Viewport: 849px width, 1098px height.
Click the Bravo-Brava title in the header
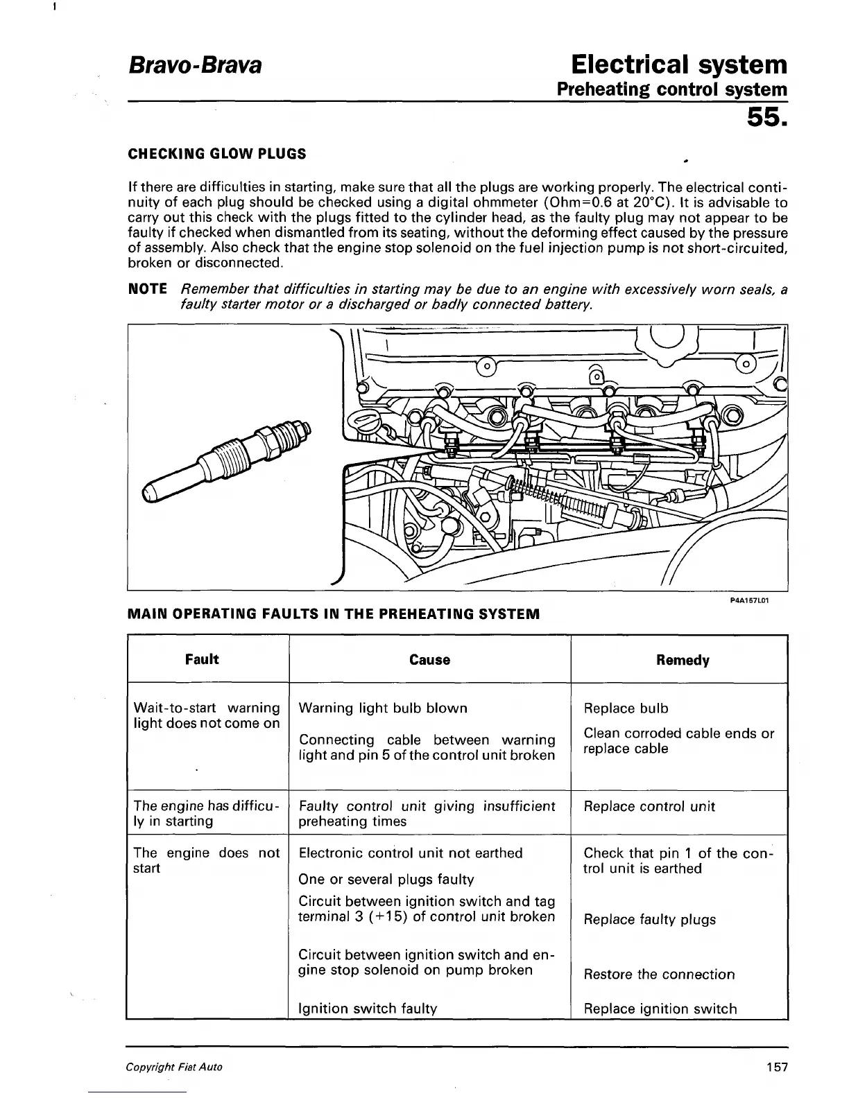click(195, 66)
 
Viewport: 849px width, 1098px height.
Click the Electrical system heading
click(679, 64)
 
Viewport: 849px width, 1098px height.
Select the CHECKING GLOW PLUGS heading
click(217, 154)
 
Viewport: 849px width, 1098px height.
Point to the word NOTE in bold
click(148, 289)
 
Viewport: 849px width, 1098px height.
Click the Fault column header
click(202, 659)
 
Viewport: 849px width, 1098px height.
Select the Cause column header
click(429, 660)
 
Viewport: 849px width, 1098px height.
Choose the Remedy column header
click(683, 660)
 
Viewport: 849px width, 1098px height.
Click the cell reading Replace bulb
click(626, 708)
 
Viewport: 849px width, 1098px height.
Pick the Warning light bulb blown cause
click(383, 708)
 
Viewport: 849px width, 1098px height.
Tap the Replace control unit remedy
click(649, 806)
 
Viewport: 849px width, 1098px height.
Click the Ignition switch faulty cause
click(368, 1009)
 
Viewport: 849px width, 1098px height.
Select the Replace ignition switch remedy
click(660, 1009)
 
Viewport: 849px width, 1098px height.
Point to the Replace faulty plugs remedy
click(649, 920)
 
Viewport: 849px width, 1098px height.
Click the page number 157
click(777, 1067)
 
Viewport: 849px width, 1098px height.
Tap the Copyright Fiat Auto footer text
click(174, 1067)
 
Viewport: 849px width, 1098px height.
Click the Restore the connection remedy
click(659, 974)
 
